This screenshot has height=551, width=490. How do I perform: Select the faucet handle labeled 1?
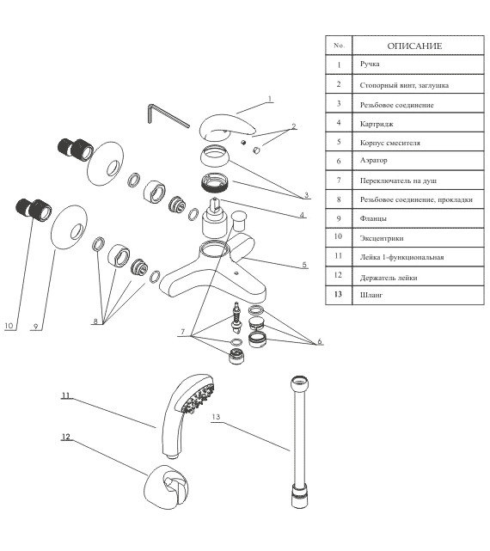(226, 127)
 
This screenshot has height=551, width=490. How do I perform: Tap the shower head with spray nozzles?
(187, 414)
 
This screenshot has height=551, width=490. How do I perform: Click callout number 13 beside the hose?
(216, 417)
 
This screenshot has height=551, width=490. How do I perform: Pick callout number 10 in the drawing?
(9, 326)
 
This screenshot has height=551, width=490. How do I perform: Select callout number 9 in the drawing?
(35, 327)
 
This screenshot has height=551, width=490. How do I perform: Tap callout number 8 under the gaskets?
(95, 321)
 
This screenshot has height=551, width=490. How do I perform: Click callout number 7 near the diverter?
(183, 332)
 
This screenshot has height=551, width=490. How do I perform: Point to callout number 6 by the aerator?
(320, 341)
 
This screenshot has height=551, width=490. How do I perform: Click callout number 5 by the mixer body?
(304, 265)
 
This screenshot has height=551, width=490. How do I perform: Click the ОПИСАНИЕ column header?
(414, 46)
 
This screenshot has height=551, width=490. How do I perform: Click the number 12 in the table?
(338, 275)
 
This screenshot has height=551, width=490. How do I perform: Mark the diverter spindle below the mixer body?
(237, 317)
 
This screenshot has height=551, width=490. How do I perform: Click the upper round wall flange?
(106, 163)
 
